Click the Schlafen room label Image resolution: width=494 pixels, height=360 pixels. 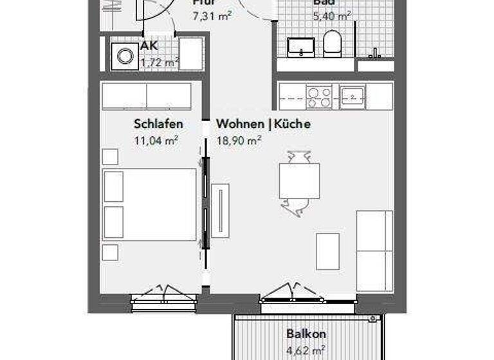pyautogui.click(x=159, y=124)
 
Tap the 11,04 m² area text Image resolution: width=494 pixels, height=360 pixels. pyautogui.click(x=156, y=139)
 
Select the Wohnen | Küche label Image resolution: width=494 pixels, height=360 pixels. pyautogui.click(x=263, y=124)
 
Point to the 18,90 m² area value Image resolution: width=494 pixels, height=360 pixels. pyautogui.click(x=239, y=139)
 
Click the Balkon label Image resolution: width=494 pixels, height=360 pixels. pyautogui.click(x=306, y=334)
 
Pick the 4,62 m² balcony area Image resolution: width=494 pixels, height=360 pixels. pyautogui.click(x=306, y=351)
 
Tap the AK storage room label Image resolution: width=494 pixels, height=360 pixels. pyautogui.click(x=149, y=47)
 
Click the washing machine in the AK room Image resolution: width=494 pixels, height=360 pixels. pyautogui.click(x=122, y=55)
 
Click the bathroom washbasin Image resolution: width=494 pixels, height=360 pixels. pyautogui.click(x=300, y=47)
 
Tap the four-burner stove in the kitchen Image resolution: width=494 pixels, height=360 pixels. pyautogui.click(x=319, y=97)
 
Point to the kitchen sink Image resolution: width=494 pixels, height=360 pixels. pyautogui.click(x=352, y=97)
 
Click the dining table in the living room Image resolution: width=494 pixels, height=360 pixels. pyautogui.click(x=299, y=181)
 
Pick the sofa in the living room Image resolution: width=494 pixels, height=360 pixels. pyautogui.click(x=374, y=251)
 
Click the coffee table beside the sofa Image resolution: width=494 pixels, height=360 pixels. pyautogui.click(x=327, y=251)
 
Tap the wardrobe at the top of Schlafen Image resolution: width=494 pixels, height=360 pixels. pyautogui.click(x=147, y=96)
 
